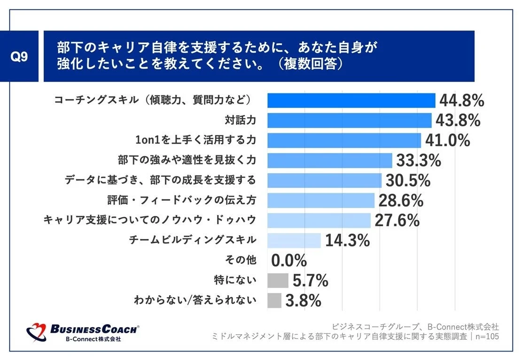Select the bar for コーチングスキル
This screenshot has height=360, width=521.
coord(351,100)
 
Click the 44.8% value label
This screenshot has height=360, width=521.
coord(461,100)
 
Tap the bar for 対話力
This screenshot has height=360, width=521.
coord(349,121)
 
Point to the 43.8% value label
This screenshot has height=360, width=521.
coord(458,121)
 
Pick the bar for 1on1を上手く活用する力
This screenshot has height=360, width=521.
coord(344,140)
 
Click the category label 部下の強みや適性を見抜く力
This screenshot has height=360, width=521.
coord(187,160)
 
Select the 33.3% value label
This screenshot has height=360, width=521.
coord(419,161)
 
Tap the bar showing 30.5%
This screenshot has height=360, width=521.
coord(324,180)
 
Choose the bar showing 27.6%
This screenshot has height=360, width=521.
coord(319,220)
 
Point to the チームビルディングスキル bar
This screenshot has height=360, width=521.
coord(294,240)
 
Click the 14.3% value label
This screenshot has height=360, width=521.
coord(347,241)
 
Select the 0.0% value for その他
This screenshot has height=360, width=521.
coord(289,260)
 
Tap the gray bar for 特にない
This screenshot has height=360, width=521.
coord(278,280)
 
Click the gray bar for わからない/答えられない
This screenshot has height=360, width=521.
coord(274,300)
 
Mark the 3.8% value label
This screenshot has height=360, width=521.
coord(303,300)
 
